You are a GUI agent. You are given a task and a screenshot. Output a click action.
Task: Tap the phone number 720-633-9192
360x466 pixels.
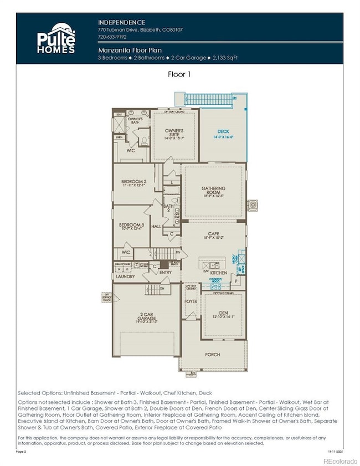click(x=112, y=37)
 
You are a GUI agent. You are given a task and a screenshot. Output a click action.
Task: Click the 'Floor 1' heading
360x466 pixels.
click(x=179, y=73)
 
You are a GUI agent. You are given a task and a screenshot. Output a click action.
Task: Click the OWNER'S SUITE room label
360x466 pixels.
click(x=175, y=134)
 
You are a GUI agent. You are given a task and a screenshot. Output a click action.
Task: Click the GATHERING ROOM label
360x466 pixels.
click(x=213, y=191)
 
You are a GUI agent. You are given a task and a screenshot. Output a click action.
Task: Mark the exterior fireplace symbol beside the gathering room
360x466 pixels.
click(x=253, y=204)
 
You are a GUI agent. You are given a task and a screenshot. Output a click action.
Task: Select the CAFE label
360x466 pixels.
click(x=213, y=235)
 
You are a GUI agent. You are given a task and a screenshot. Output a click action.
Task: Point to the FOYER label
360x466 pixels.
click(x=191, y=302)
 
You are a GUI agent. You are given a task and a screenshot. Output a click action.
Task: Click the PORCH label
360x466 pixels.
click(x=212, y=354)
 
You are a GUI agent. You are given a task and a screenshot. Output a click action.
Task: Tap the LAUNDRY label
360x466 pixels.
click(x=126, y=276)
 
